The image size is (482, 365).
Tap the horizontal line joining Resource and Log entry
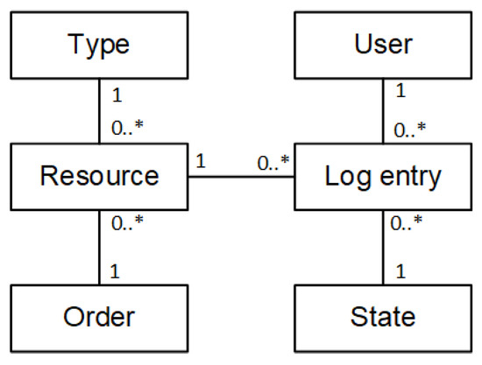coord(241,176)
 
